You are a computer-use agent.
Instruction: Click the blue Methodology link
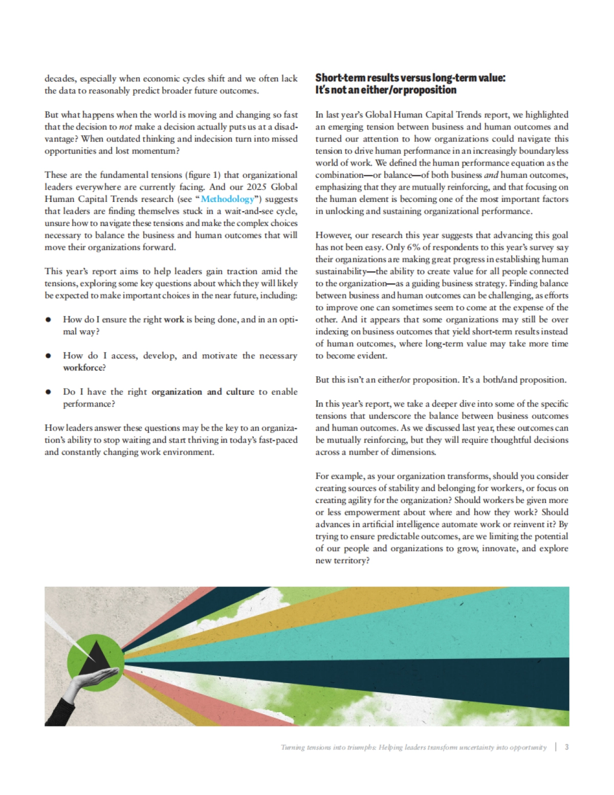227,199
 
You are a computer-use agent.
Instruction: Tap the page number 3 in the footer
566,747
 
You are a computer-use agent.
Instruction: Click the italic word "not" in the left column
125,127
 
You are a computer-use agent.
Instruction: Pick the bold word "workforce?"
84,368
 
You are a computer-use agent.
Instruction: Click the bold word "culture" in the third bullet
240,392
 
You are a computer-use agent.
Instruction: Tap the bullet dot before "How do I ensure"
48,320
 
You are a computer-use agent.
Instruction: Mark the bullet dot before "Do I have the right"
48,392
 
